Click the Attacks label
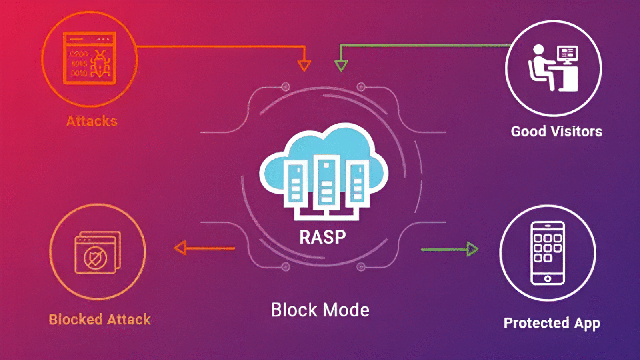[92, 121]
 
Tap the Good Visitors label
[556, 131]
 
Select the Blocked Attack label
[100, 319]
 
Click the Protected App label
[552, 323]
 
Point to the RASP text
[322, 237]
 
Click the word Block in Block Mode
[294, 310]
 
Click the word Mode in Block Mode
[346, 310]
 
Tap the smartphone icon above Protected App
[548, 253]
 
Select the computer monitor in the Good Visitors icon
[567, 54]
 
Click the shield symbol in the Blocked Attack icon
[95, 258]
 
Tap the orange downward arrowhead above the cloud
[304, 65]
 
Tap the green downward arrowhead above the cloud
[341, 65]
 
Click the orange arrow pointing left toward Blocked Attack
[181, 248]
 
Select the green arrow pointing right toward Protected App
[472, 249]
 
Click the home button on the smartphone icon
[548, 278]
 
